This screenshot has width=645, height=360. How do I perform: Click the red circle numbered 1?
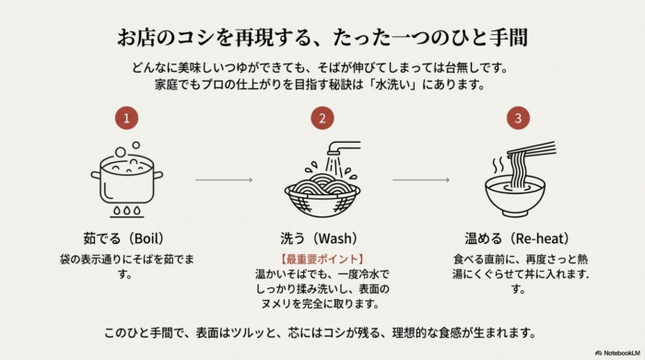[127, 118]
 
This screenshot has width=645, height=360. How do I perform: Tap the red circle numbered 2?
[322, 118]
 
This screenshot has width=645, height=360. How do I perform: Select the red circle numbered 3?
[518, 118]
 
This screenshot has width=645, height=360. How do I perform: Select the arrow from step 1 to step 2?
[224, 180]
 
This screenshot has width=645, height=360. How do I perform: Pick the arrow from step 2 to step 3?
[419, 180]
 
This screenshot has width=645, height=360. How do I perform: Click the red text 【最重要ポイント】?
[322, 260]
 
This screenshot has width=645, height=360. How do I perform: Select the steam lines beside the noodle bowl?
[498, 165]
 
